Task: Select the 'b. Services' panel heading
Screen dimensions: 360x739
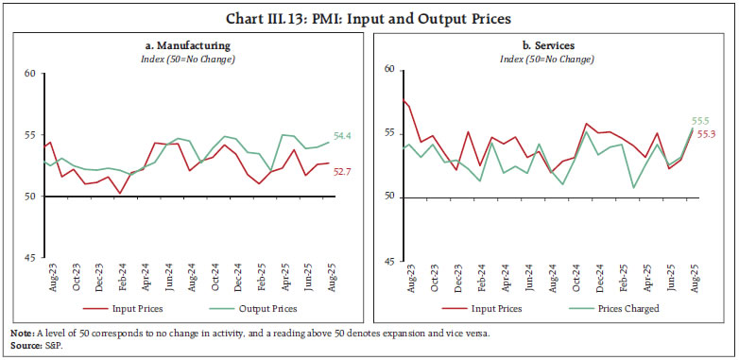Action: (549, 45)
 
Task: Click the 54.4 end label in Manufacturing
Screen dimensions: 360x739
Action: (346, 137)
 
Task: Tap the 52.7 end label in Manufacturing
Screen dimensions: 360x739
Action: (346, 171)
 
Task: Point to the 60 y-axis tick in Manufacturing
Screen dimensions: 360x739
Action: (28, 74)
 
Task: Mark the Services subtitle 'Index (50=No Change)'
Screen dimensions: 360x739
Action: (549, 60)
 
